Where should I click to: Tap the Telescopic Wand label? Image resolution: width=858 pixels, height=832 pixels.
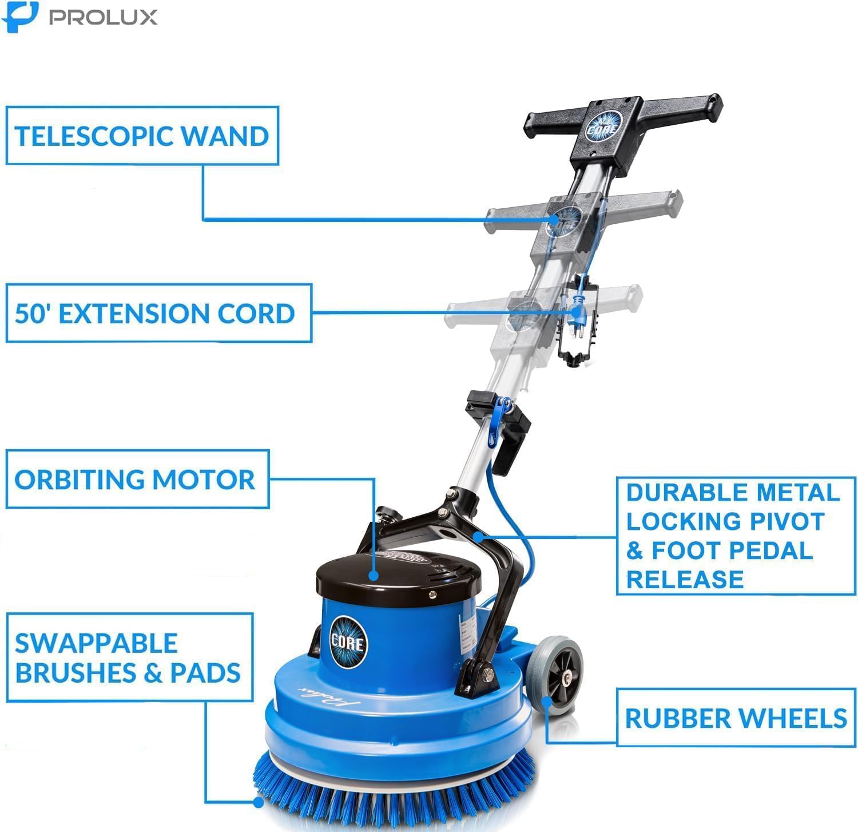(142, 136)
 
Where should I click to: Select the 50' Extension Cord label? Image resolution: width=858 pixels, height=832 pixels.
(155, 314)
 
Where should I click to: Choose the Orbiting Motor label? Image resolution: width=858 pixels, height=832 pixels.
(135, 480)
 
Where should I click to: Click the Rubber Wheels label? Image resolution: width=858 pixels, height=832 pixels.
(736, 718)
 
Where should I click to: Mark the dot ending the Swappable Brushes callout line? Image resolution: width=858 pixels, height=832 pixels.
(258, 802)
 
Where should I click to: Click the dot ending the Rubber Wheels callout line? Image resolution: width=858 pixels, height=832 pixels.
(547, 700)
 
